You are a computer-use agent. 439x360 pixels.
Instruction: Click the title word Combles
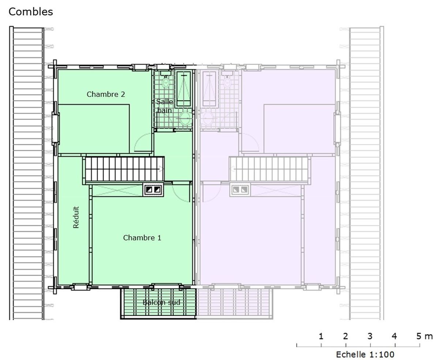pos(31,12)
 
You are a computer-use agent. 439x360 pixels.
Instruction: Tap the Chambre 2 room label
pos(106,94)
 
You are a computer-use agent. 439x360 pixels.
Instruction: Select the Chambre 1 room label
pos(142,238)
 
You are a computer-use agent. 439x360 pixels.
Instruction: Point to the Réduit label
pos(76,217)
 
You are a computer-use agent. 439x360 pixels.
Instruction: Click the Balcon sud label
pos(161,302)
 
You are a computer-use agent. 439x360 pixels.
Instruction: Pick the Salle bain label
pos(164,106)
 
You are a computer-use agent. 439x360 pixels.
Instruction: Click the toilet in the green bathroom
pos(166,81)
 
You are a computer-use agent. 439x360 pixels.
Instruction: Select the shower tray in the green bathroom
pos(183,89)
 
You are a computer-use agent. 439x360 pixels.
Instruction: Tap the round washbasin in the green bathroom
pos(185,119)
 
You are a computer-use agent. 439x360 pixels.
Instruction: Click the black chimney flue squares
pos(153,189)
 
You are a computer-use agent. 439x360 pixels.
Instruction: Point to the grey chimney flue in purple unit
pos(240,189)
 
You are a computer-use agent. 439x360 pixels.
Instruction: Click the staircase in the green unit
pos(124,169)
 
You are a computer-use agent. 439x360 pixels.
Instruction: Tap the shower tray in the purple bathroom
pos(209,89)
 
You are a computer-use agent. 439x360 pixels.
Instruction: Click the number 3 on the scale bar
pos(370,336)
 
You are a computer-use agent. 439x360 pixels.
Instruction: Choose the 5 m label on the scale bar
pos(424,336)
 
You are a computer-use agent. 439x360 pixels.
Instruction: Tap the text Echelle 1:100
pos(365,354)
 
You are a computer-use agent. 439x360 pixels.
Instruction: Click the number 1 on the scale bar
pos(321,336)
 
